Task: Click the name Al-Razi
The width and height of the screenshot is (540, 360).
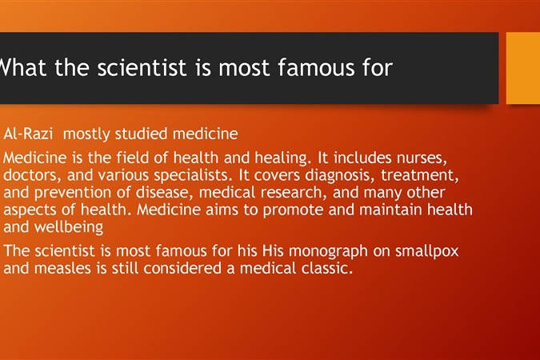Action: [28, 134]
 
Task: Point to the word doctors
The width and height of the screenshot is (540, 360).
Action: [30, 175]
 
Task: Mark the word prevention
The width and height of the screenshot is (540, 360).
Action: [73, 193]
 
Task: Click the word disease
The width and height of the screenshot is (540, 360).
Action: [162, 192]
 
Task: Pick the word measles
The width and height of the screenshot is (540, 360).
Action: [63, 269]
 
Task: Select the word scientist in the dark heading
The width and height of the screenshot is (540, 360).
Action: [142, 67]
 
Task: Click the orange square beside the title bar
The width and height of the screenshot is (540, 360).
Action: [523, 68]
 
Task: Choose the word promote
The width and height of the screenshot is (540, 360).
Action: [293, 210]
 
